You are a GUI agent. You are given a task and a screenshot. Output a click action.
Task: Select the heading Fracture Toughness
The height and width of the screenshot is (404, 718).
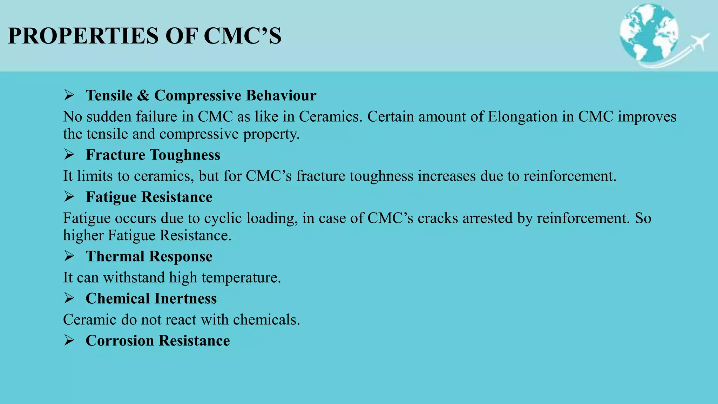coord(153,155)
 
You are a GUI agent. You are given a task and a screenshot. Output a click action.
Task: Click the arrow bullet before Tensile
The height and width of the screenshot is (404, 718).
coord(69,95)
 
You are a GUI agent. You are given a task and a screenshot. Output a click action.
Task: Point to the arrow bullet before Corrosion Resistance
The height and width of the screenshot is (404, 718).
coord(69,340)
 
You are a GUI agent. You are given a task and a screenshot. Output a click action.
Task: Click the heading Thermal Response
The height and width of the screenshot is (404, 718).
coord(149,256)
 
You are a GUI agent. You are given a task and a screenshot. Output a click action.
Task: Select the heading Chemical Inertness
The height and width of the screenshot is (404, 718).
coord(151,298)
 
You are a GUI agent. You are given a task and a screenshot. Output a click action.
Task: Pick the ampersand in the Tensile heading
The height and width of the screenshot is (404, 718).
coord(143,95)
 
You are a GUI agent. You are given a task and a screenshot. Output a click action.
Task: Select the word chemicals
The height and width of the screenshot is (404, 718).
coord(266,319)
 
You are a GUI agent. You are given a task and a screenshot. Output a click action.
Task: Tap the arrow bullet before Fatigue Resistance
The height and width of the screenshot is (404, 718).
coord(69,197)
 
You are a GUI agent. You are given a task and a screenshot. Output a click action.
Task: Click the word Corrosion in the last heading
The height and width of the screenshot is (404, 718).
coord(120,341)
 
